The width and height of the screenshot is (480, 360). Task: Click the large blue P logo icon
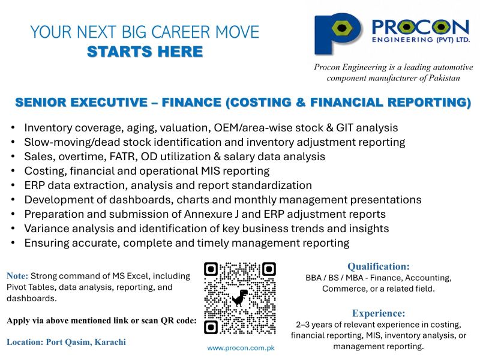pyautogui.click(x=337, y=34)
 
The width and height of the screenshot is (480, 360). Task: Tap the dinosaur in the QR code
pyautogui.click(x=240, y=298)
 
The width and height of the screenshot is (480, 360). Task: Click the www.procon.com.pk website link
pyautogui.click(x=241, y=348)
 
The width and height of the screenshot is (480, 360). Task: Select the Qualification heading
pyautogui.click(x=379, y=266)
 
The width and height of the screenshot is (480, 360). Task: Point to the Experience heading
pyautogui.click(x=379, y=313)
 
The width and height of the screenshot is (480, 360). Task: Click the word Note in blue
pyautogui.click(x=17, y=276)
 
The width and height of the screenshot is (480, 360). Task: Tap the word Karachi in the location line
pyautogui.click(x=110, y=342)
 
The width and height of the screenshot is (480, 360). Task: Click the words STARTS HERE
pyautogui.click(x=145, y=52)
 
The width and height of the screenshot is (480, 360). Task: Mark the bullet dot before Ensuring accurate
pyautogui.click(x=13, y=242)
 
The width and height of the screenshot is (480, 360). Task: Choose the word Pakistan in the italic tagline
pyautogui.click(x=444, y=78)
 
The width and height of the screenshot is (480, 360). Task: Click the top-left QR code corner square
pyautogui.click(x=211, y=269)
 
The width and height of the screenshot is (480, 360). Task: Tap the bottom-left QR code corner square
pyautogui.click(x=211, y=327)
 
